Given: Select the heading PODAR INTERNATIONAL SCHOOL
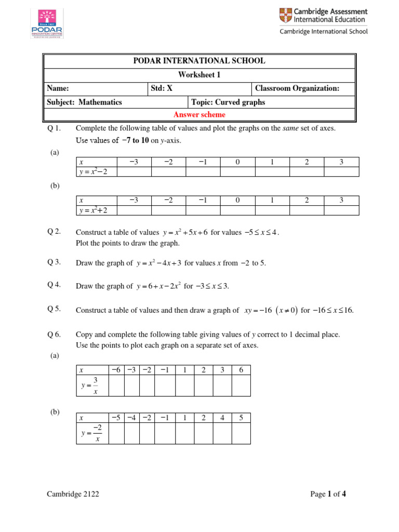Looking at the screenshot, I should pyautogui.click(x=199, y=61).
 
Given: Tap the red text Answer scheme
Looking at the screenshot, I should pyautogui.click(x=199, y=115).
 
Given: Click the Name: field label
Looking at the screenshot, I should pyautogui.click(x=58, y=88).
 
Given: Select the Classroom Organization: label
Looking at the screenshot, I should pyautogui.click(x=297, y=88).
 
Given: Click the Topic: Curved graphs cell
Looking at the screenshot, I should pyautogui.click(x=228, y=102).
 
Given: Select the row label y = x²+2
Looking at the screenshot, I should pyautogui.click(x=94, y=210).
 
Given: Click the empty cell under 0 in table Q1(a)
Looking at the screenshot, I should pyautogui.click(x=237, y=172).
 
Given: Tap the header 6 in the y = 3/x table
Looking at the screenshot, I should pyautogui.click(x=241, y=369).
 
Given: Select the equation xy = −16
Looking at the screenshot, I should pyautogui.click(x=259, y=310).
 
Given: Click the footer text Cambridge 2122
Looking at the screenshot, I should pyautogui.click(x=73, y=494).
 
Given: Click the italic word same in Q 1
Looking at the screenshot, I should pyautogui.click(x=291, y=128).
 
